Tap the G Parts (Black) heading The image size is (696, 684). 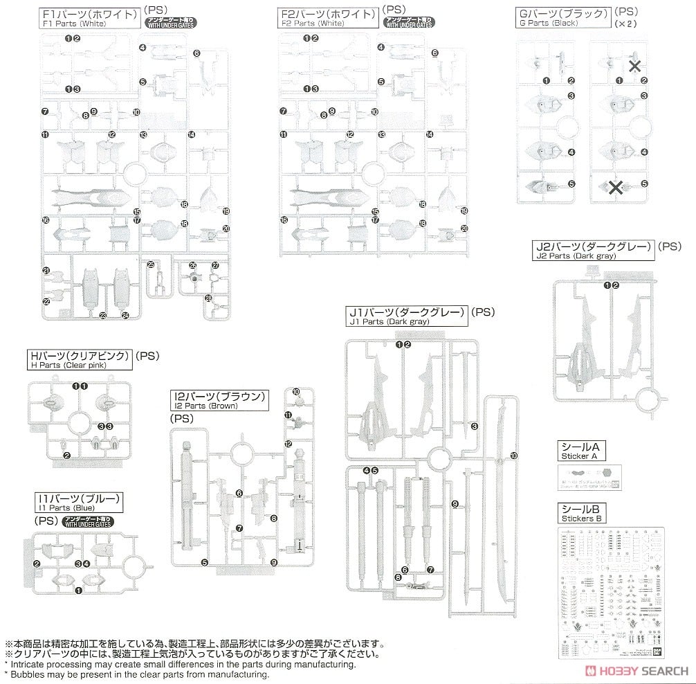click(562, 17)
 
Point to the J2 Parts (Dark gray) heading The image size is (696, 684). click(592, 250)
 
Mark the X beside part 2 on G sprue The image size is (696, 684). click(633, 66)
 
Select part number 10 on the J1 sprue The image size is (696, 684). click(514, 456)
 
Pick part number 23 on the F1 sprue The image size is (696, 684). click(103, 316)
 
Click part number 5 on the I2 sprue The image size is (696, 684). click(205, 562)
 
